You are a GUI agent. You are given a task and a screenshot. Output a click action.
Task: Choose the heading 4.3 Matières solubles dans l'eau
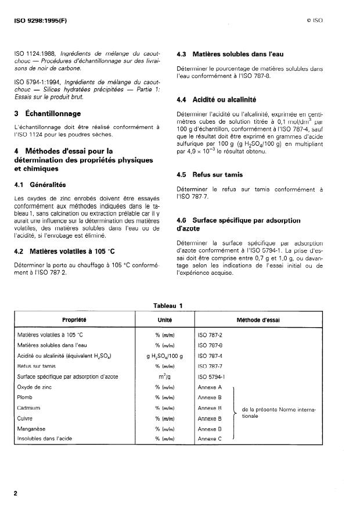(x=230, y=54)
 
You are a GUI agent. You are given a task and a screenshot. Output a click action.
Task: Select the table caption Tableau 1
(x=168, y=305)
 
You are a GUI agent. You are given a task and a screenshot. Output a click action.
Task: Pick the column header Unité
(x=165, y=320)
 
